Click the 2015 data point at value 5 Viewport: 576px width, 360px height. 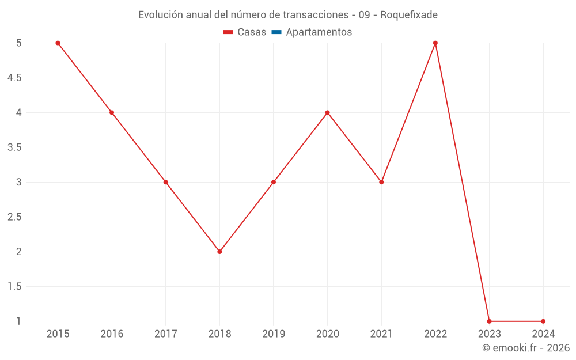[x=58, y=43]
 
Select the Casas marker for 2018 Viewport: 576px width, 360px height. [x=219, y=252]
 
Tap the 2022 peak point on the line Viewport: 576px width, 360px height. [x=435, y=43]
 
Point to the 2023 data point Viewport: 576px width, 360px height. [x=489, y=321]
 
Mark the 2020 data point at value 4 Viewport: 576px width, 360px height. [x=327, y=112]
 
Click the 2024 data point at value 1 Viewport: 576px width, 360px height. [x=543, y=321]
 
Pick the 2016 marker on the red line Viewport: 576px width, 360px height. [x=112, y=112]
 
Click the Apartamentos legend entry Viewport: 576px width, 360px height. [x=319, y=32]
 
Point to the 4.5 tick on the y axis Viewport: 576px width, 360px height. [x=14, y=78]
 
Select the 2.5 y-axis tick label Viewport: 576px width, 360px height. [x=14, y=217]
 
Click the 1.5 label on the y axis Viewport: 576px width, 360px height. [x=14, y=287]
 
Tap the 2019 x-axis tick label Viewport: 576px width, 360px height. [x=274, y=334]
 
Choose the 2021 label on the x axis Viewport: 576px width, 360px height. [x=381, y=334]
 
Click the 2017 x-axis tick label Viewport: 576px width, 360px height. [x=165, y=334]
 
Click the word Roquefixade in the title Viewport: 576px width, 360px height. [x=409, y=15]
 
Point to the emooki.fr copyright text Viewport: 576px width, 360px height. [x=526, y=348]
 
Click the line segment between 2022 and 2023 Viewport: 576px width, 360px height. [x=462, y=182]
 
